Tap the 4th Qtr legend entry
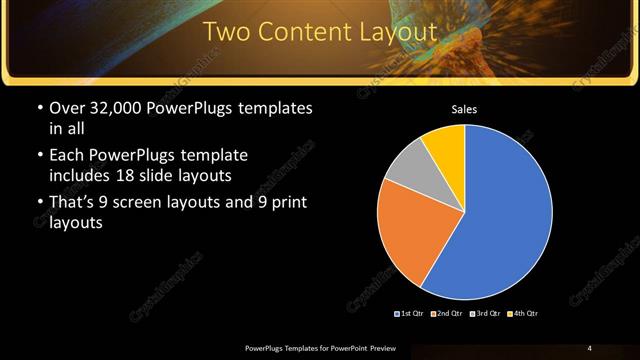coord(523,314)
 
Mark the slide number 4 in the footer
coord(589,347)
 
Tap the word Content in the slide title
coord(301,32)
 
